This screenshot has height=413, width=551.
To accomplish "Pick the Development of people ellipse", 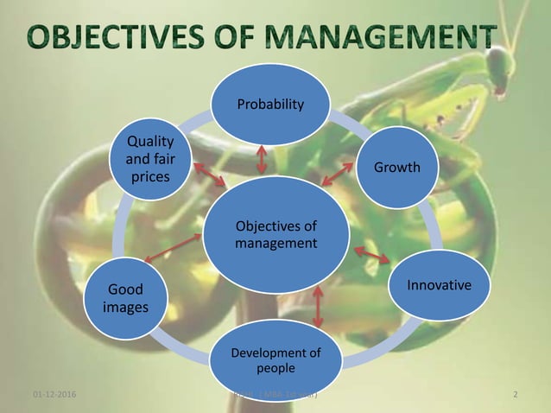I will (x=275, y=359).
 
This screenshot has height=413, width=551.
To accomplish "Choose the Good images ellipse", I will (x=127, y=298).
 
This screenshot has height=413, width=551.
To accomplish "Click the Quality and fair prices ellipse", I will (x=149, y=159).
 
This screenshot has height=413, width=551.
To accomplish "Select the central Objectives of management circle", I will (x=275, y=236).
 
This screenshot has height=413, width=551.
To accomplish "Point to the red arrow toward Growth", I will (x=335, y=175).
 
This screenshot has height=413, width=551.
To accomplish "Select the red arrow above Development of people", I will (x=318, y=305).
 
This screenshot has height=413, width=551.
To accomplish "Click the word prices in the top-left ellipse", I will (x=149, y=178).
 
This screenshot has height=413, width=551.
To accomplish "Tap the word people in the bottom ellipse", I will (x=275, y=367).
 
